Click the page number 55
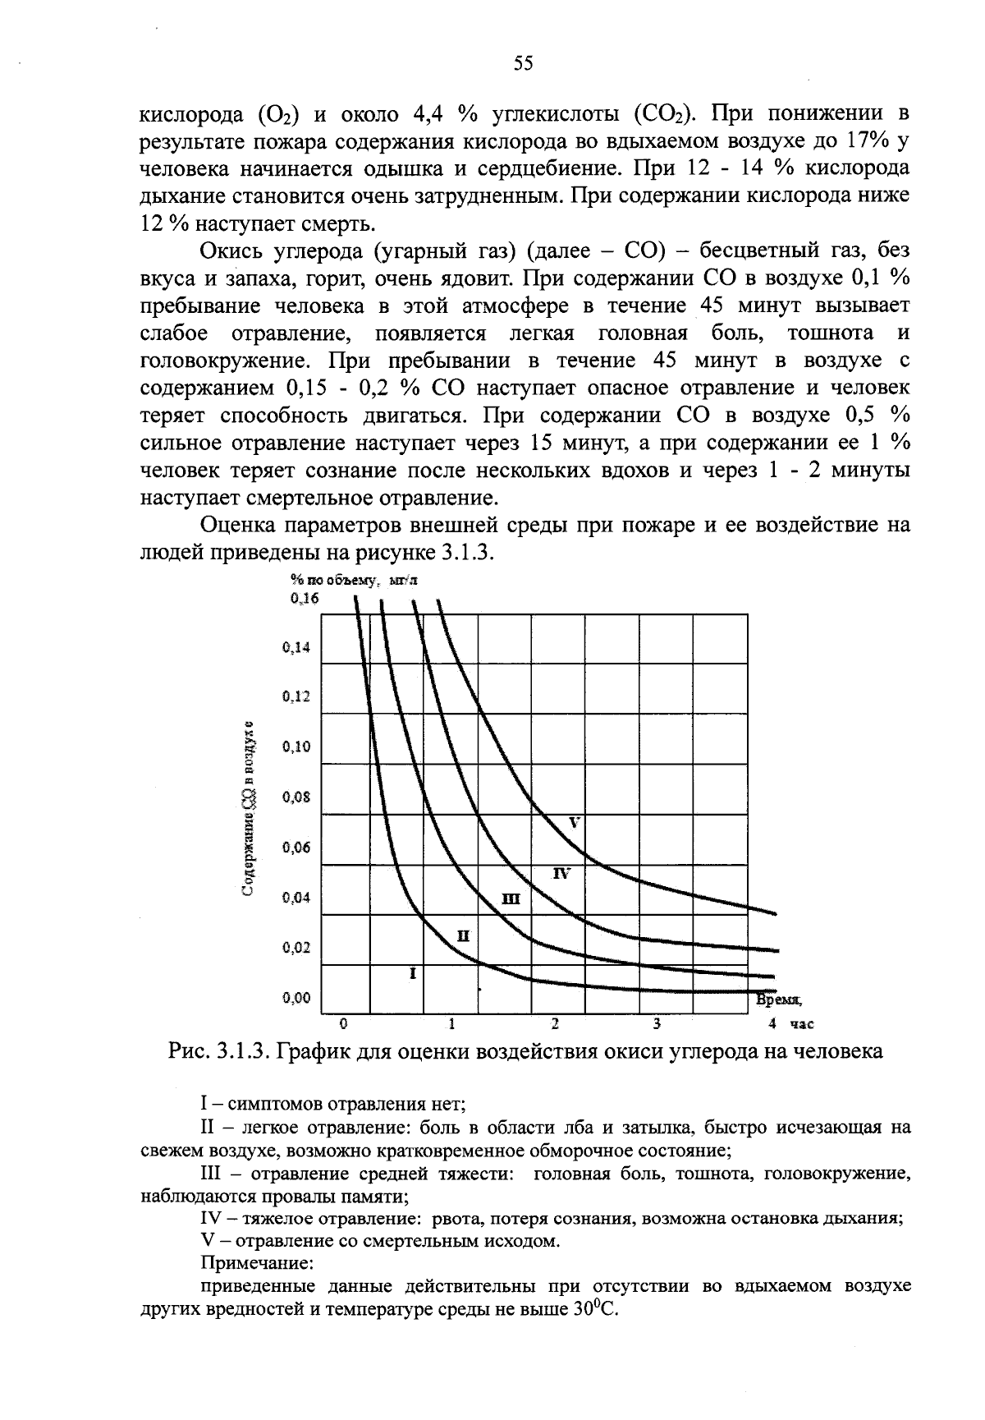click(524, 64)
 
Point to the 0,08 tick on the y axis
click(296, 797)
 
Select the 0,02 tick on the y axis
click(296, 948)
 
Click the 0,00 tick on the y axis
click(296, 998)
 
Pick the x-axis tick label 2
click(555, 1024)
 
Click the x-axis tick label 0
click(345, 1024)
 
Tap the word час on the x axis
click(801, 1024)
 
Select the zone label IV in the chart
click(562, 872)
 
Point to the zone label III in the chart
click(510, 899)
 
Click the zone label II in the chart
click(462, 935)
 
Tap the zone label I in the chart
click(413, 973)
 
